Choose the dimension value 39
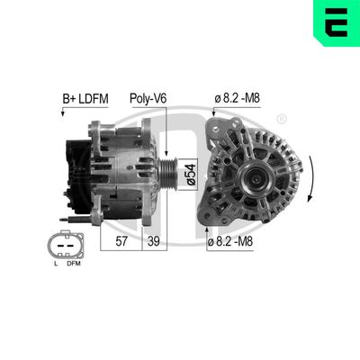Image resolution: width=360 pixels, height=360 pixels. [x=154, y=242]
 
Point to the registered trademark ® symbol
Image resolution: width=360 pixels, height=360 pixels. [x=282, y=119]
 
